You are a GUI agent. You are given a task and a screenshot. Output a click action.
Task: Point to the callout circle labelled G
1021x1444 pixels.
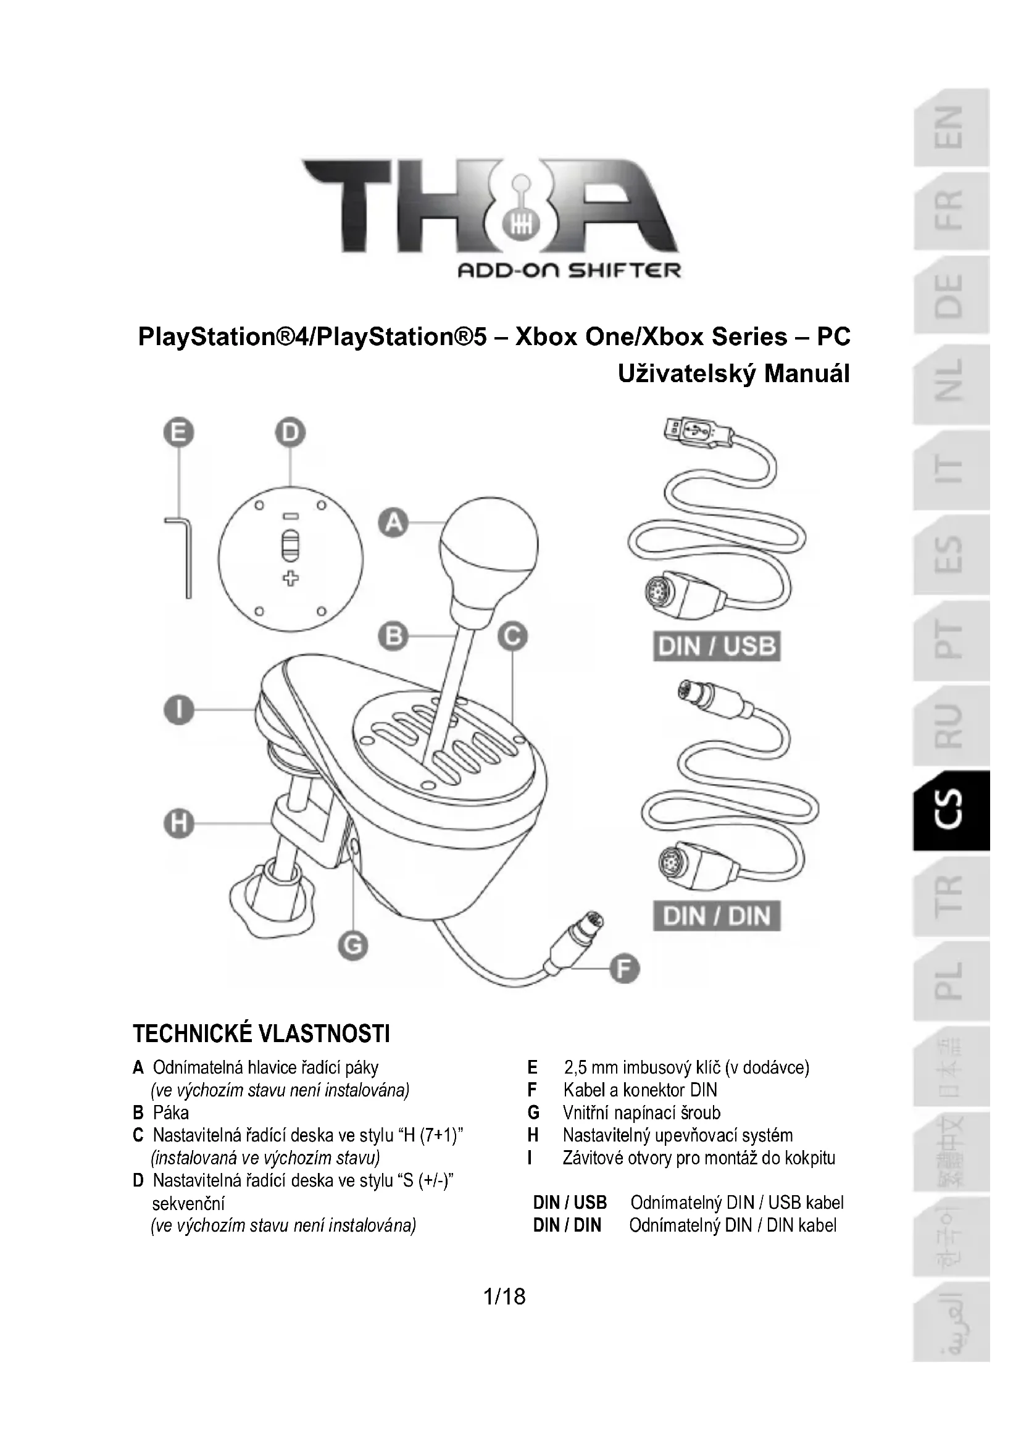coord(352,945)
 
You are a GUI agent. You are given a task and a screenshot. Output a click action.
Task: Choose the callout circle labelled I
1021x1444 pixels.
coord(179,710)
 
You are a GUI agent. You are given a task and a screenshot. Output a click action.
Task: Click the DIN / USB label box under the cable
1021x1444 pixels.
coord(717,646)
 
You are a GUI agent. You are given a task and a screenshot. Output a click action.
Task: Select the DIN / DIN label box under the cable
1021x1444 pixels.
coord(717,916)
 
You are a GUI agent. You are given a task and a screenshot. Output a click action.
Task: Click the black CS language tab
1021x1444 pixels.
coord(952,811)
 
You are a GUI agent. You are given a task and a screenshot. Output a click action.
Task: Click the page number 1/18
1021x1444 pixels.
coord(504,1296)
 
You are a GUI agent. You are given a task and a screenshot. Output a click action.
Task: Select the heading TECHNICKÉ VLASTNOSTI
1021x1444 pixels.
coord(261,1034)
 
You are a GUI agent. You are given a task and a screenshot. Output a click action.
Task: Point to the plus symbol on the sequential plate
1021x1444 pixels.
coord(291,578)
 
